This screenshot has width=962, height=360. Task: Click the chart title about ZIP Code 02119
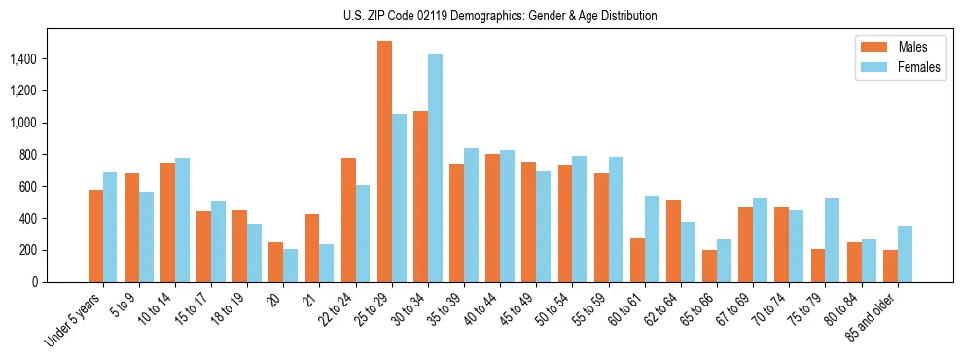click(500, 16)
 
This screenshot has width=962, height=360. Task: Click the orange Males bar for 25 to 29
click(384, 162)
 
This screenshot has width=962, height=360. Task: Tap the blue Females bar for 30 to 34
click(435, 167)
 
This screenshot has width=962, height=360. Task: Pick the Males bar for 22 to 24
click(348, 220)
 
